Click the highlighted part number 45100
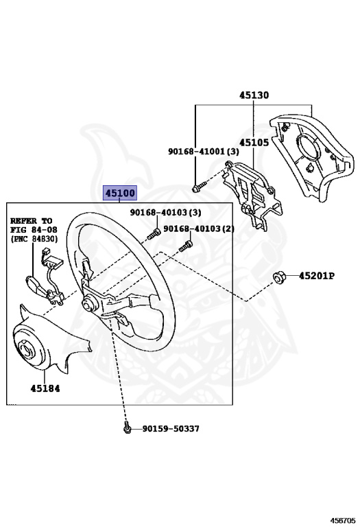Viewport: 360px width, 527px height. point(120,193)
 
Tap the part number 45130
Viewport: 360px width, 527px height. point(254,95)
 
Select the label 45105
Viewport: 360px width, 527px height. point(254,143)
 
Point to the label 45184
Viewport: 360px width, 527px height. point(45,388)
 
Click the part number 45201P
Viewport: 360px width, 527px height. point(317,276)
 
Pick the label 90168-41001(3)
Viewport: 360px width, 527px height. point(204,151)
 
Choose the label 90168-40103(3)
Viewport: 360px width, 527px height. point(165,212)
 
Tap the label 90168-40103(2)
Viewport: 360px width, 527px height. point(199,229)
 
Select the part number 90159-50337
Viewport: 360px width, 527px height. point(171,428)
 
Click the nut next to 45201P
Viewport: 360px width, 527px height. point(279,277)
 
